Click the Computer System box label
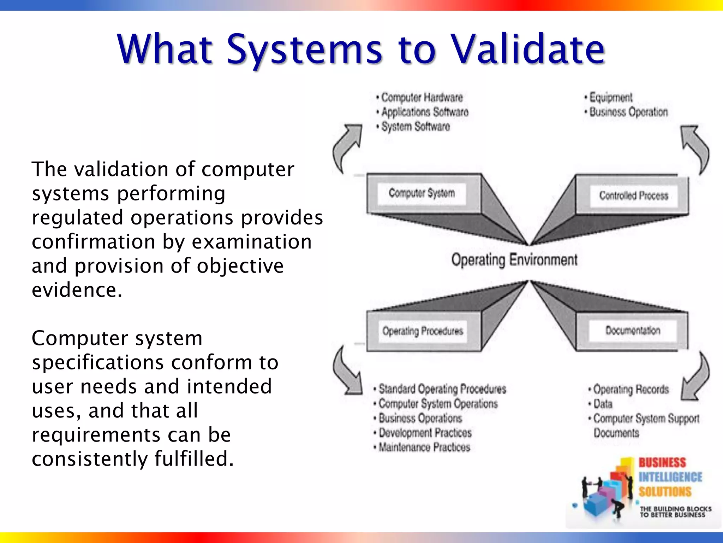point(422,193)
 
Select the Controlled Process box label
point(633,195)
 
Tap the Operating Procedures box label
point(423,331)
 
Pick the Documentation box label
point(633,331)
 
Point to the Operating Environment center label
point(514,260)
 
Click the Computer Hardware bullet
point(422,97)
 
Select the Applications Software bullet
point(425,112)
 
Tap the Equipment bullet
point(611,97)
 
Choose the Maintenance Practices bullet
point(424,447)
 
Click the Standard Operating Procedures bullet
point(442,389)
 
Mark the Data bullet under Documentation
point(603,404)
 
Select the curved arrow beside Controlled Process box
point(695,148)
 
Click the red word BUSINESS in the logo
point(662,462)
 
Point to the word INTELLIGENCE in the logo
point(670,477)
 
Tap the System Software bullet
point(416,127)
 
